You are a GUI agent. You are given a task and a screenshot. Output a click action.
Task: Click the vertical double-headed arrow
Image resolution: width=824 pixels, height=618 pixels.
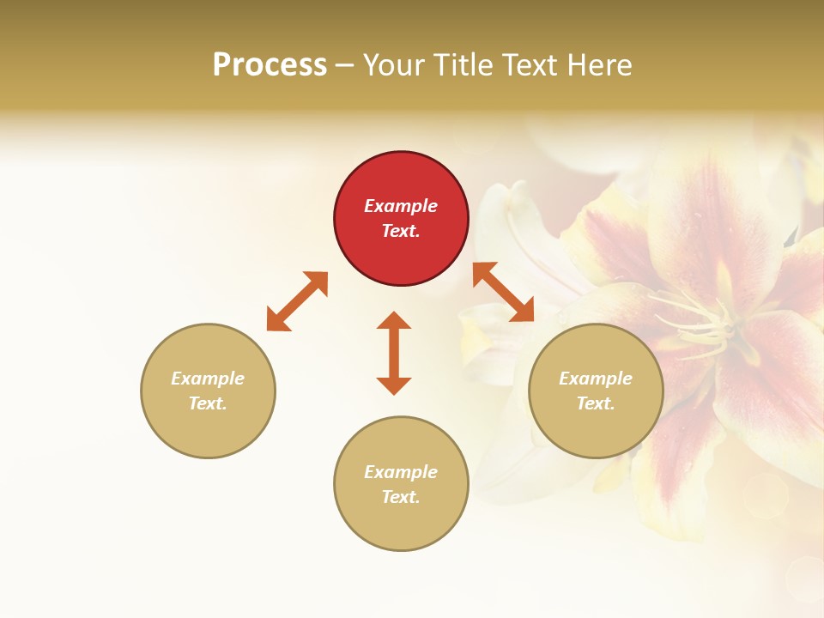(394, 353)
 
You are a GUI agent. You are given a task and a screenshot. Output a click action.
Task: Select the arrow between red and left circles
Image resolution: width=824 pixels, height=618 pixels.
(297, 301)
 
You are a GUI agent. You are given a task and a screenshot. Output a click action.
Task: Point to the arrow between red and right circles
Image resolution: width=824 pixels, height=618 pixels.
(503, 292)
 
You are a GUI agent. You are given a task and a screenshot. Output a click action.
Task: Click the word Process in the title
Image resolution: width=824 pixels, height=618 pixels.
(270, 64)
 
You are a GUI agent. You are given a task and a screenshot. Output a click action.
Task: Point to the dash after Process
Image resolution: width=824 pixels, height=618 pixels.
(345, 65)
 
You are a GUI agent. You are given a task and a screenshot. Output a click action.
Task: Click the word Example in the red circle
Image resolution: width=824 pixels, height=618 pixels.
(401, 206)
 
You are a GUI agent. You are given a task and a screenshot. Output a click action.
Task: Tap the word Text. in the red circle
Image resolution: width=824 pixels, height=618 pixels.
(401, 231)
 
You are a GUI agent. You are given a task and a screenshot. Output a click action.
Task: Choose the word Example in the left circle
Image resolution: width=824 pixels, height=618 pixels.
(208, 379)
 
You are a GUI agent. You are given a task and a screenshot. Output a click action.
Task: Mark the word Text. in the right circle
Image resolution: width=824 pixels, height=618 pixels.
(596, 403)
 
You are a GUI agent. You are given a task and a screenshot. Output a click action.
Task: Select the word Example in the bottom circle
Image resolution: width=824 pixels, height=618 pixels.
(401, 472)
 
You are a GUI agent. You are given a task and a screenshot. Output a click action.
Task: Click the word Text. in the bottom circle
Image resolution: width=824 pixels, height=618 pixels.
(401, 497)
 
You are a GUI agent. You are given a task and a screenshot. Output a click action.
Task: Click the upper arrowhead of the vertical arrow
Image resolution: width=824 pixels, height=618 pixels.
(394, 320)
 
